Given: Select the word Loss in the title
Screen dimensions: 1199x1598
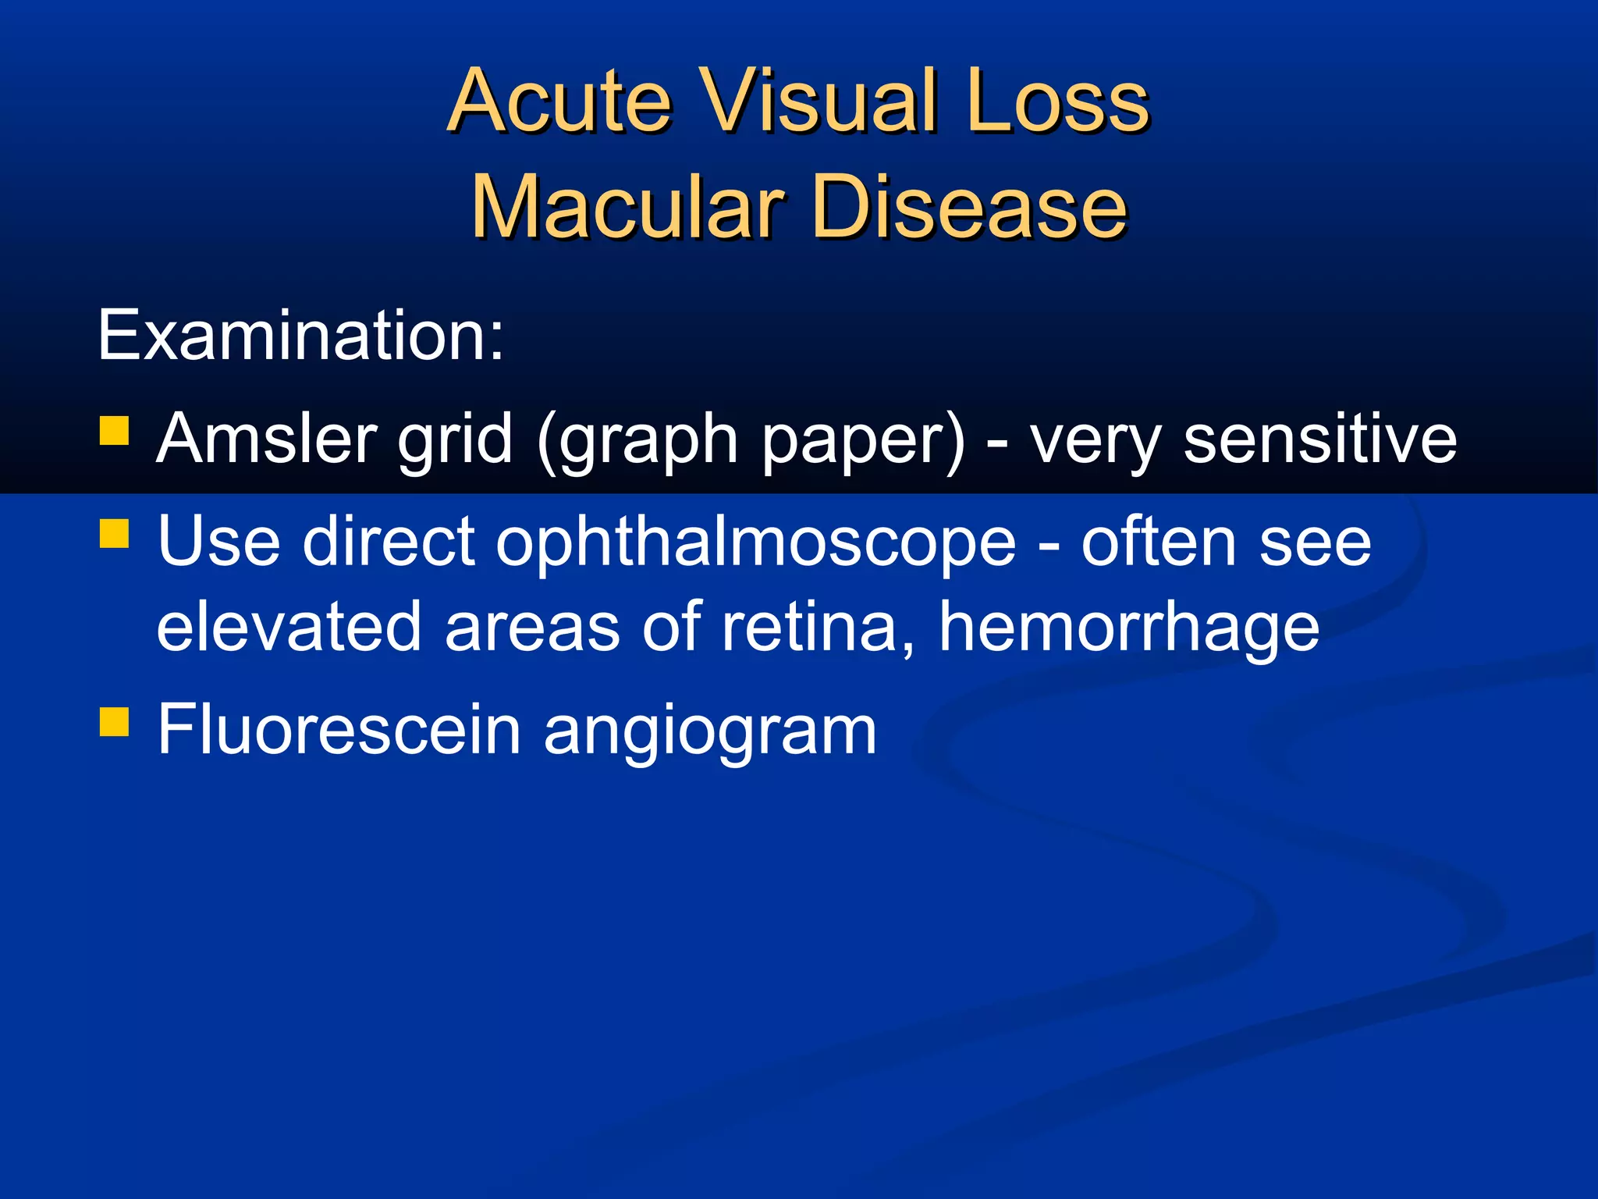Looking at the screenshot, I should [1056, 101].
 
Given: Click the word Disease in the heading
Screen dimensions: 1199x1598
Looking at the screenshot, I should [969, 208].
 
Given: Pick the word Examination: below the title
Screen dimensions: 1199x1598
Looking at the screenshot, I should [301, 336].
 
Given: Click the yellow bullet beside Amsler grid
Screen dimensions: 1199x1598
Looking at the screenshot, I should [114, 430].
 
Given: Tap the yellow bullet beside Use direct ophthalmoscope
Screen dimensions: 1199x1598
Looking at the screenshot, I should [114, 535].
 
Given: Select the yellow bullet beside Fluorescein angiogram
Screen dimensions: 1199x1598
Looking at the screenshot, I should [114, 722].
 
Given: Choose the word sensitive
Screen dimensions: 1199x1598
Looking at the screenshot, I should [1320, 439].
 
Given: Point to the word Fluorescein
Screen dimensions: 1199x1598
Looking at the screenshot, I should [339, 729].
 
